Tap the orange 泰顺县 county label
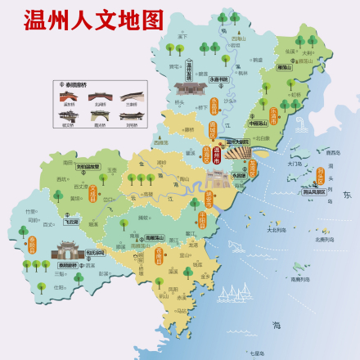[33, 245]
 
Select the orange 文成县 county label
[92, 195]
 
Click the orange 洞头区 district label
[253, 170]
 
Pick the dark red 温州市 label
[216, 153]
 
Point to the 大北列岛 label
[276, 229]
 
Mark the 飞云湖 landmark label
[72, 222]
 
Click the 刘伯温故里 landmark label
[88, 166]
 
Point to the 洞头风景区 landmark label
[313, 191]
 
